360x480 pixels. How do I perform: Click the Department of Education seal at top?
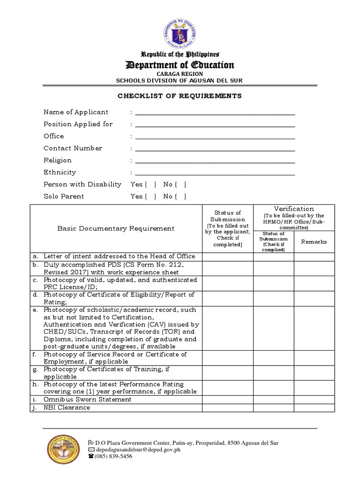click(180, 32)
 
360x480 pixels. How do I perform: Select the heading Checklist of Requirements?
click(180, 96)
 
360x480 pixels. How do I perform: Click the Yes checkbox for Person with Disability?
click(150, 184)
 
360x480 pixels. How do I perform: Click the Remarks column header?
click(314, 242)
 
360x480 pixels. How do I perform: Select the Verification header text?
click(294, 209)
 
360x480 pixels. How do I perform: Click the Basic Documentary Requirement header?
click(116, 229)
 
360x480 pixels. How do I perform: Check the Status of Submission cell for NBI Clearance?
click(227, 408)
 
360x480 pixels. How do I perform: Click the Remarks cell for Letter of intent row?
click(314, 256)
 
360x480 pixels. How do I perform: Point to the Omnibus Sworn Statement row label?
click(87, 399)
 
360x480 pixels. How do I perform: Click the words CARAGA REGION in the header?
click(180, 74)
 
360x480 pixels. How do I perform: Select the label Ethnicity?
click(60, 172)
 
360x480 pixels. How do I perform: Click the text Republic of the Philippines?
click(180, 54)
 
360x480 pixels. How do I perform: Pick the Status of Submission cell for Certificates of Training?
click(227, 373)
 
